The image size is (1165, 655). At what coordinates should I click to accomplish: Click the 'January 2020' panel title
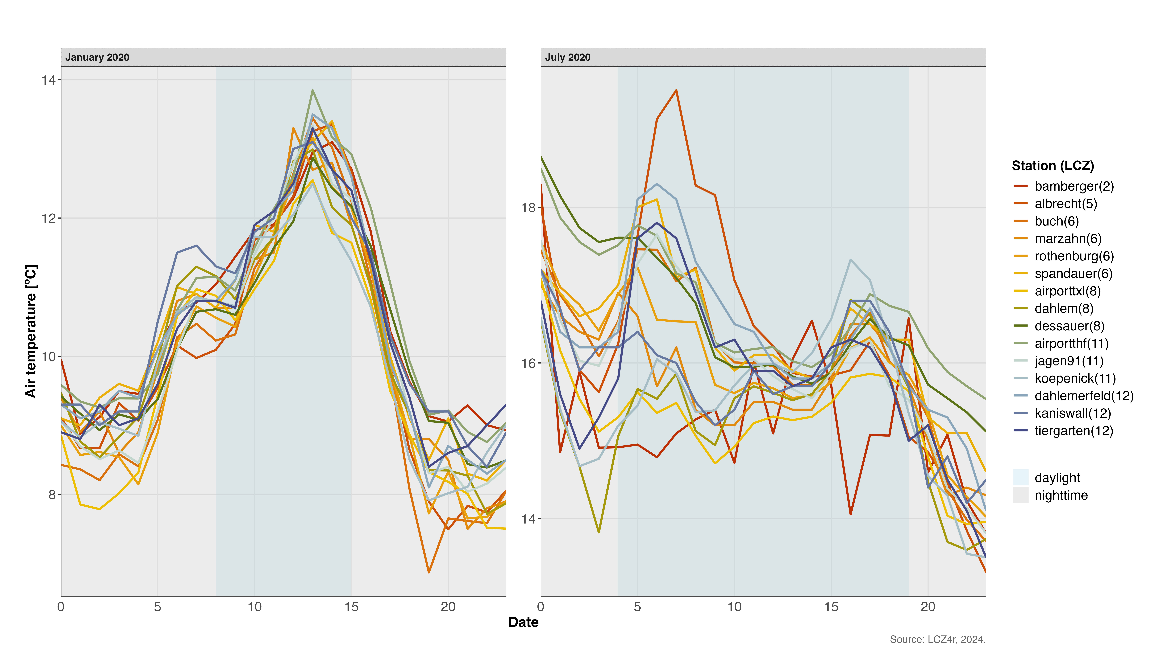pyautogui.click(x=97, y=57)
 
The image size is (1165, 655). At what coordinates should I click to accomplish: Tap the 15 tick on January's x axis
pyautogui.click(x=351, y=607)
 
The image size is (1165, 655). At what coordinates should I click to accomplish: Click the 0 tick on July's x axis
pyautogui.click(x=541, y=607)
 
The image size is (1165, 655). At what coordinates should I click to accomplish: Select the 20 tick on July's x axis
pyautogui.click(x=928, y=607)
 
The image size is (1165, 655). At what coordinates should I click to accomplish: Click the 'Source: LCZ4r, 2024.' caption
pyautogui.click(x=937, y=639)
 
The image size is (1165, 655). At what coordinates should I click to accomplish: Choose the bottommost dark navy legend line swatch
pyautogui.click(x=1020, y=430)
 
